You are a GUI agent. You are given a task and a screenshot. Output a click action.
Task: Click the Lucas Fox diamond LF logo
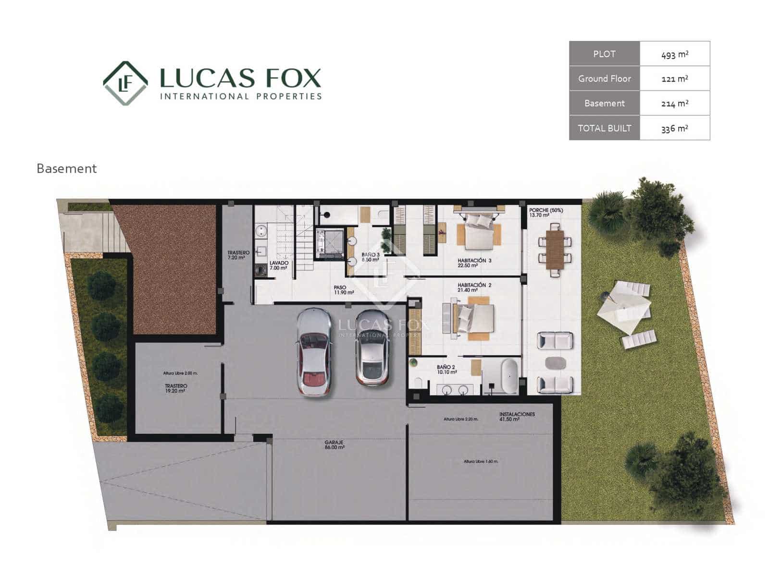[x=125, y=83]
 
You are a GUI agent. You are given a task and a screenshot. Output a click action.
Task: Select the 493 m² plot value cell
[x=675, y=54]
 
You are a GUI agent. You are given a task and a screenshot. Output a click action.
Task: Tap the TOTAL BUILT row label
[x=604, y=128]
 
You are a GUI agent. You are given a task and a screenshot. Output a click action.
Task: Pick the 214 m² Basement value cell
[x=675, y=103]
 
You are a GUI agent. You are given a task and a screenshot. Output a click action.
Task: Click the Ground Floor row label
[x=604, y=79]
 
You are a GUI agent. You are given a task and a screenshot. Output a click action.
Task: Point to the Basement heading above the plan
[x=67, y=168]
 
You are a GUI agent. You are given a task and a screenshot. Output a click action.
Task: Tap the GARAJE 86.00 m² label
[x=335, y=445]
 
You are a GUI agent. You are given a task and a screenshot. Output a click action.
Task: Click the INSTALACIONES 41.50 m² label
[x=517, y=417]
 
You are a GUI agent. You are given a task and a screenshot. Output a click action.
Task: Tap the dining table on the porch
[x=555, y=250]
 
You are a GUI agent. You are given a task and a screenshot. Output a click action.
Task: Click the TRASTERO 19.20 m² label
[x=176, y=388]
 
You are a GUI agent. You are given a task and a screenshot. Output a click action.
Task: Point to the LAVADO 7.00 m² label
[x=279, y=265]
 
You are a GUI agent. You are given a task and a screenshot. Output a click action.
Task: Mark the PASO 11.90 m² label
[x=344, y=290]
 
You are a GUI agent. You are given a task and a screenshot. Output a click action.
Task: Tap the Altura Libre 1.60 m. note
[x=481, y=461]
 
